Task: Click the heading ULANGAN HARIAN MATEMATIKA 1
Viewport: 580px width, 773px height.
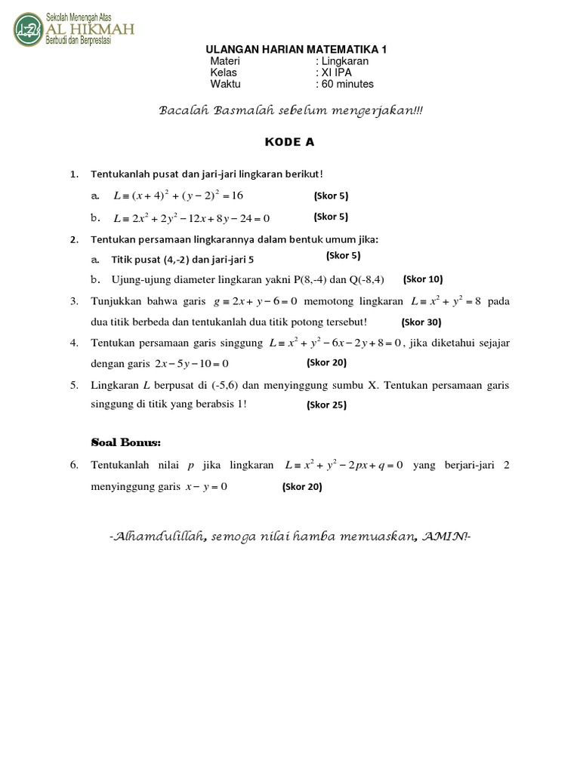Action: click(291, 49)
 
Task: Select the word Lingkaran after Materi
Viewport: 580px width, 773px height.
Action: click(347, 61)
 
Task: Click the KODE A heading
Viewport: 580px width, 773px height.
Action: click(289, 141)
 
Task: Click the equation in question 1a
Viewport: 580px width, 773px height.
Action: click(178, 196)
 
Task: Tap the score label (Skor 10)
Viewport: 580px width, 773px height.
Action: click(423, 279)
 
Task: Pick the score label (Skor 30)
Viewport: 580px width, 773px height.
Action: click(421, 321)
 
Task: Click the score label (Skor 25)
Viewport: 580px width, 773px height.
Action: click(326, 405)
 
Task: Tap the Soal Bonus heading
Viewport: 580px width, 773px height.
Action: click(125, 441)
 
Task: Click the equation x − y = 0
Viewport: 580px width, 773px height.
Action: click(206, 487)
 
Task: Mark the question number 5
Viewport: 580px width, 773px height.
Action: click(75, 384)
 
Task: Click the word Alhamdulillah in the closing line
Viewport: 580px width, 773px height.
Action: click(159, 537)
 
